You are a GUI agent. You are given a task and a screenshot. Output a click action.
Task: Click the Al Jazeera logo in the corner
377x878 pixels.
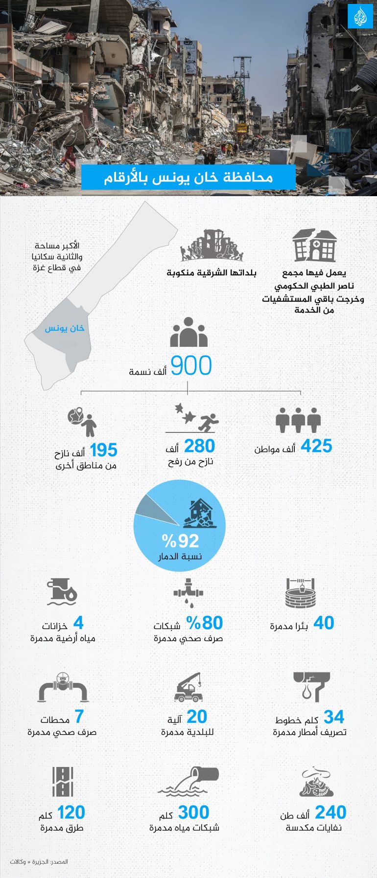coord(360,17)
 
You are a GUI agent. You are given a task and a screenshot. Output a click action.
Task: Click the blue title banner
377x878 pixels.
coord(188,177)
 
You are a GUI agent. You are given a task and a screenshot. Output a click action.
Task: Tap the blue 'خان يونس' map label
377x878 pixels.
coord(65,328)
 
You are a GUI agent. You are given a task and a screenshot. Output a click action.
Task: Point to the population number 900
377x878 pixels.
coord(191,366)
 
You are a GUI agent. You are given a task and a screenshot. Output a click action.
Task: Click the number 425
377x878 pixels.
coord(316,446)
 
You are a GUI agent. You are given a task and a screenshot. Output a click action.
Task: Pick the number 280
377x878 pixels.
coord(199,446)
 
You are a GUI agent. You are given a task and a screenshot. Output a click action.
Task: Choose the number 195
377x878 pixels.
coord(103,450)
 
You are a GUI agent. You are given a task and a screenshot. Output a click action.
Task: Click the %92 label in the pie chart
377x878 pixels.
coord(181,541)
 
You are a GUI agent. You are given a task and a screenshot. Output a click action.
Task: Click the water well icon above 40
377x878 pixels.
coord(300,593)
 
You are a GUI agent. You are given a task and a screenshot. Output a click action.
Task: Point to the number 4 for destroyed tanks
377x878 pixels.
coord(78,623)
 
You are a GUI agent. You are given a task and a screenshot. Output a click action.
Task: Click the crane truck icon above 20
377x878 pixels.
coord(188,687)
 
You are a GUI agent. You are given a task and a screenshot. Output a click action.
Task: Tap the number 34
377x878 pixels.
coord(334,717)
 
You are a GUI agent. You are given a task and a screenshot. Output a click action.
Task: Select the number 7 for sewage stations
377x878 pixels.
coord(79,717)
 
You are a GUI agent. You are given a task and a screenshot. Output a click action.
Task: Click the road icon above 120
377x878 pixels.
coord(63,782)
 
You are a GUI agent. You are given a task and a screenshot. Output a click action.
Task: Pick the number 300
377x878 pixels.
coord(193,812)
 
